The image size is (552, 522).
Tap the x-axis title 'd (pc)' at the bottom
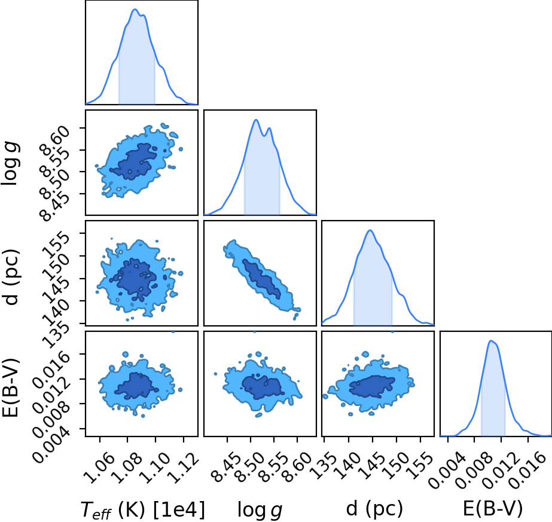tap(374, 508)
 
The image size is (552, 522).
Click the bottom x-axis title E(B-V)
tap(493, 508)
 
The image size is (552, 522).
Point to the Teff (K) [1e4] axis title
tap(143, 509)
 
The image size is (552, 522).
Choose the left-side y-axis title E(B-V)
tap(11, 388)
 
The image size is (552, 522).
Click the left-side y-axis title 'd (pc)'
tap(11, 277)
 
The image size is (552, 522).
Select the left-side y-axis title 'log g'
tap(11, 163)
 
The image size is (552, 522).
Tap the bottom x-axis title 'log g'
tap(260, 509)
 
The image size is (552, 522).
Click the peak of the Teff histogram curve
tap(135, 10)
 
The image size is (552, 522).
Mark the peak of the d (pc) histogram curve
tap(370, 230)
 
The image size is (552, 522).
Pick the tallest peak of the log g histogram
tap(257, 120)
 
